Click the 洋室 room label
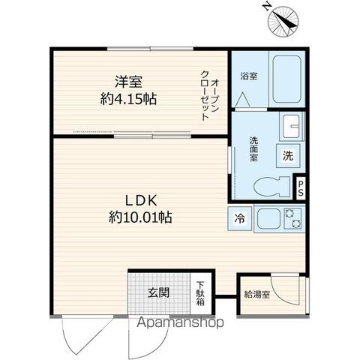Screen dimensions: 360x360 pos(128,80)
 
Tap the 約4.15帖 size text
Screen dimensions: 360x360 pos(129,97)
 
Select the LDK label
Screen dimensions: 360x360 pos(140,200)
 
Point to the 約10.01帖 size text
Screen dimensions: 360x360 pos(140,218)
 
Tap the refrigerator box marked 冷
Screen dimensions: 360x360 pos(240,219)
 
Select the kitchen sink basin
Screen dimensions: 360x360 pos(266,219)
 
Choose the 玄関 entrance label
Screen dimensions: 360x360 pos(157,293)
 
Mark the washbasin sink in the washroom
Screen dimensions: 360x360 pos(291,125)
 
